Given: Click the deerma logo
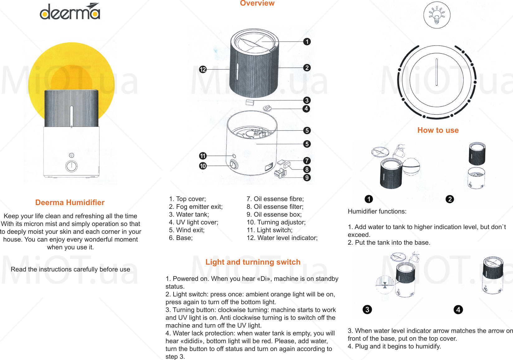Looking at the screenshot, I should tap(70, 12).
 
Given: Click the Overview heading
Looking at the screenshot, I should tap(257, 3).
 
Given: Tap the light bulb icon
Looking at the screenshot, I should tap(437, 15).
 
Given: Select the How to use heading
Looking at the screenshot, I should tap(438, 130).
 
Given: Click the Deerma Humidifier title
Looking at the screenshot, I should tap(70, 203).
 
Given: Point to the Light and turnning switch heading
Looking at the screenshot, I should tap(253, 262).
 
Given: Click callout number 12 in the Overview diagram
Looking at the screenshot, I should tap(203, 70).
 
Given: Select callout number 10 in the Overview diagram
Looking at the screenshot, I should tap(203, 166).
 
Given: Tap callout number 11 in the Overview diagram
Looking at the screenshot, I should tap(203, 156).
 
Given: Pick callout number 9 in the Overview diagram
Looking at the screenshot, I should tap(307, 178).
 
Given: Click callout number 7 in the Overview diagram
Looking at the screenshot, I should tap(307, 161).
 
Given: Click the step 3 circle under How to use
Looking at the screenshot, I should tap(367, 310).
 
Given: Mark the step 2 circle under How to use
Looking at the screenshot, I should tap(450, 199).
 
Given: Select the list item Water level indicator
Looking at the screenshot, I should tap(282, 238).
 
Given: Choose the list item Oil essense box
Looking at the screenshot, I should tap(274, 214).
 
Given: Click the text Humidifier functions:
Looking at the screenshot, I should tap(377, 211).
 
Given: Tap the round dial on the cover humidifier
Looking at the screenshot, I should tap(71, 166).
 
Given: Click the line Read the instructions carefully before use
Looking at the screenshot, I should tap(70, 269).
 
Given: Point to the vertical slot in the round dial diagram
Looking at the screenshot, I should tap(437, 72).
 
